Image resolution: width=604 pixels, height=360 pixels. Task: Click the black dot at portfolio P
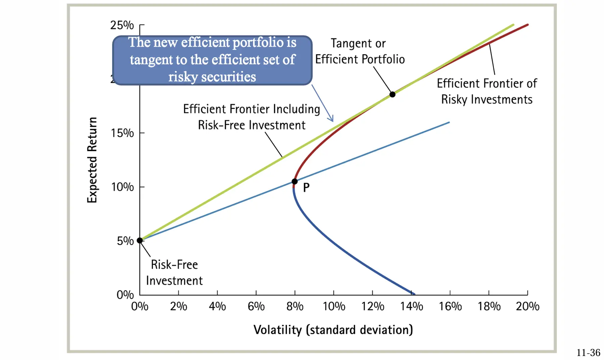pos(295,182)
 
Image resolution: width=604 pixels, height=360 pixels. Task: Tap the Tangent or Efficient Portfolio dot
pos(392,95)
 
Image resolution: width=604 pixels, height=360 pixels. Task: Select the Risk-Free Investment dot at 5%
pos(140,240)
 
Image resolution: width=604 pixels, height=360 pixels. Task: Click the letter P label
pos(306,188)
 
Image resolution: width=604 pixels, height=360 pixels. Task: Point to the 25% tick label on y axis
pos(122,25)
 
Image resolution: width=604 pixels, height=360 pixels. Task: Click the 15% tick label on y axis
pos(122,133)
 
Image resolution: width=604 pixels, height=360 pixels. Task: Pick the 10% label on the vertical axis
pos(122,187)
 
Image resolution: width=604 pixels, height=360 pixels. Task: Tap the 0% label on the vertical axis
pos(125,295)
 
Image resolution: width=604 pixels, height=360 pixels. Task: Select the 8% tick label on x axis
pos(295,307)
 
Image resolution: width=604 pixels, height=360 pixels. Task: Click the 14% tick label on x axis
pos(411,307)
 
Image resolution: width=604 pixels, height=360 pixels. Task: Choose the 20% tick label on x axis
pos(527,307)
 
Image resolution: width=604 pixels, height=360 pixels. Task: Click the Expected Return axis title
pos(92,160)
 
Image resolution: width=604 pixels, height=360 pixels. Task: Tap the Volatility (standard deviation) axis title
pos(333,330)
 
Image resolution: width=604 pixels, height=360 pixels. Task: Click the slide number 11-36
pos(588,353)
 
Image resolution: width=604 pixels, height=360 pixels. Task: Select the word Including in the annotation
pos(296,109)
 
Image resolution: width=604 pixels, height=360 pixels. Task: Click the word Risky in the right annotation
pos(454,100)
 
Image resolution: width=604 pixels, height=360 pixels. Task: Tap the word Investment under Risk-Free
pos(174,280)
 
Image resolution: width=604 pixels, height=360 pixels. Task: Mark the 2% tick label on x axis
pos(178,307)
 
